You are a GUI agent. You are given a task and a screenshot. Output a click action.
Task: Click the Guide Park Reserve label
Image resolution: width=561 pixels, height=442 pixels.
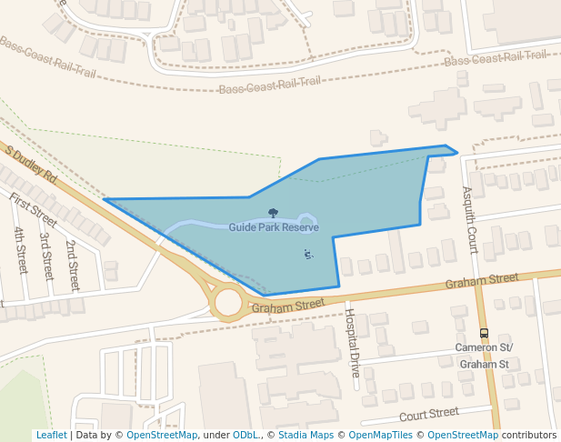274,226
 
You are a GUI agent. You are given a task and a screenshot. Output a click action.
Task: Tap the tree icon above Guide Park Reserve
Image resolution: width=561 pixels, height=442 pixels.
273,213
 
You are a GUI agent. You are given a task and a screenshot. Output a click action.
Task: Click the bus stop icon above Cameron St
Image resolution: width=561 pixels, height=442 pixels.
484,333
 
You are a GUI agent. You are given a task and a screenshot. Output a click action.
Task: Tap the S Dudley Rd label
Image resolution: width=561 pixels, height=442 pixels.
31,165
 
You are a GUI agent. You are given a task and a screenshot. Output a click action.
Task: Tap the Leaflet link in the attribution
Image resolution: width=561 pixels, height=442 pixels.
51,435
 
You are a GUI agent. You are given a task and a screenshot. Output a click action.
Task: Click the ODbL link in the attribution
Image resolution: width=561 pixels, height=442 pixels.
245,435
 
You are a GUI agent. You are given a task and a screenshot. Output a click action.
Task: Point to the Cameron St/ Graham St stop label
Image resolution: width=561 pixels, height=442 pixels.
484,356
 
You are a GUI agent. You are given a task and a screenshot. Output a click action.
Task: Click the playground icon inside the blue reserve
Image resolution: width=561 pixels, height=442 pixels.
308,254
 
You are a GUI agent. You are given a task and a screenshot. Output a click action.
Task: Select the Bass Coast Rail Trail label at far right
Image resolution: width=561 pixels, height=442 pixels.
496,57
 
